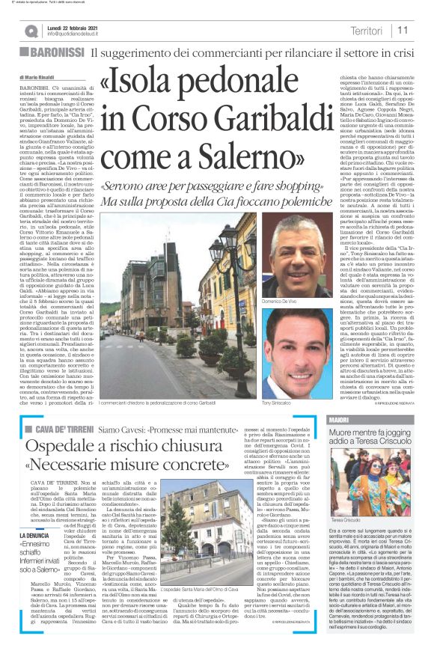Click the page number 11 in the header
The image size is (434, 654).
pyautogui.click(x=403, y=30)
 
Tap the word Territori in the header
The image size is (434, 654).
pyautogui.click(x=366, y=31)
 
